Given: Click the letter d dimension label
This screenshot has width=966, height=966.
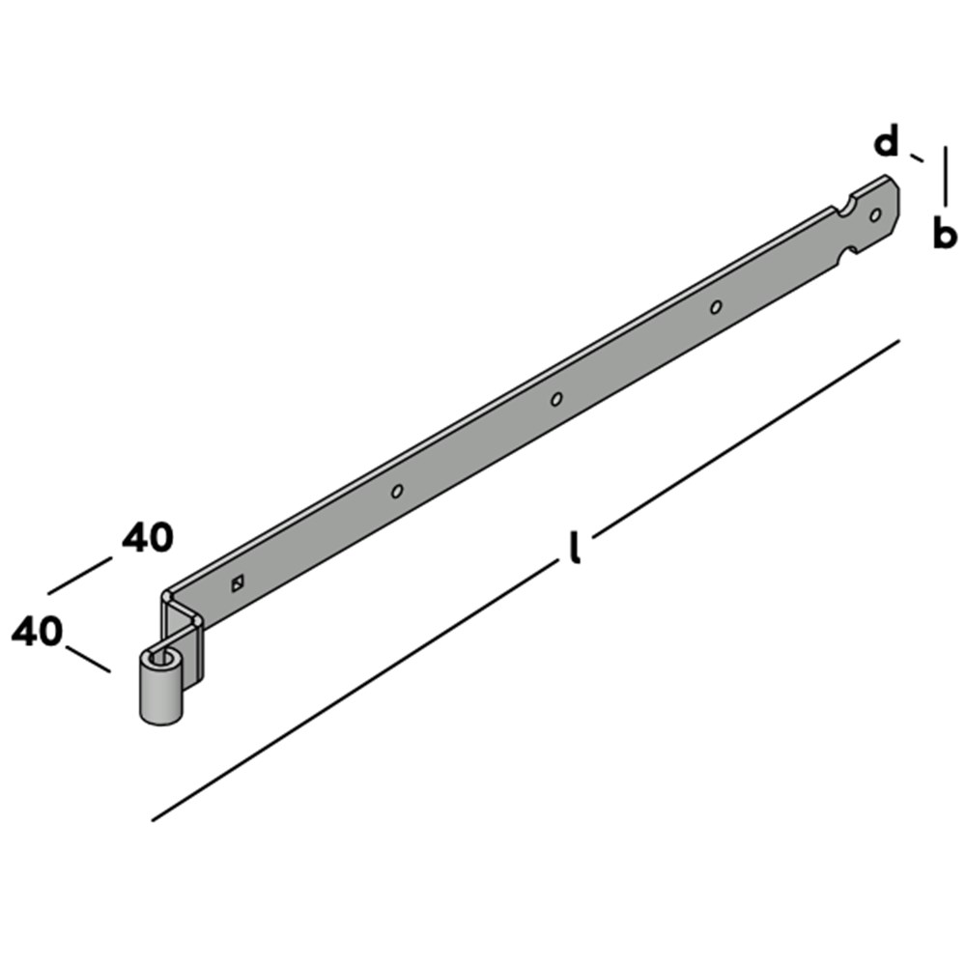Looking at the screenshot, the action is point(887,142).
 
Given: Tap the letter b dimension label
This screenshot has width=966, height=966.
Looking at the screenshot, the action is point(945,233).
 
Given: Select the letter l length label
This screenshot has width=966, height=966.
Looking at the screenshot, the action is point(575,547).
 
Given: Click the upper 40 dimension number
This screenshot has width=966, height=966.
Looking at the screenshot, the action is point(148,537).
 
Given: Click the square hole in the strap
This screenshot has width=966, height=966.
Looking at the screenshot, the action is point(238,582).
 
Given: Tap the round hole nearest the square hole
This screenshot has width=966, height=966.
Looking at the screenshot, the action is point(397,491).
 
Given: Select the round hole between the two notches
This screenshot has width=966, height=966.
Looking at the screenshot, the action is point(875,215).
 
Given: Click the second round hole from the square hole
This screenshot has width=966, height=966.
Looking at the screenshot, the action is point(556,399).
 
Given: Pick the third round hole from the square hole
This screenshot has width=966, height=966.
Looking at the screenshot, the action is point(716,307).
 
